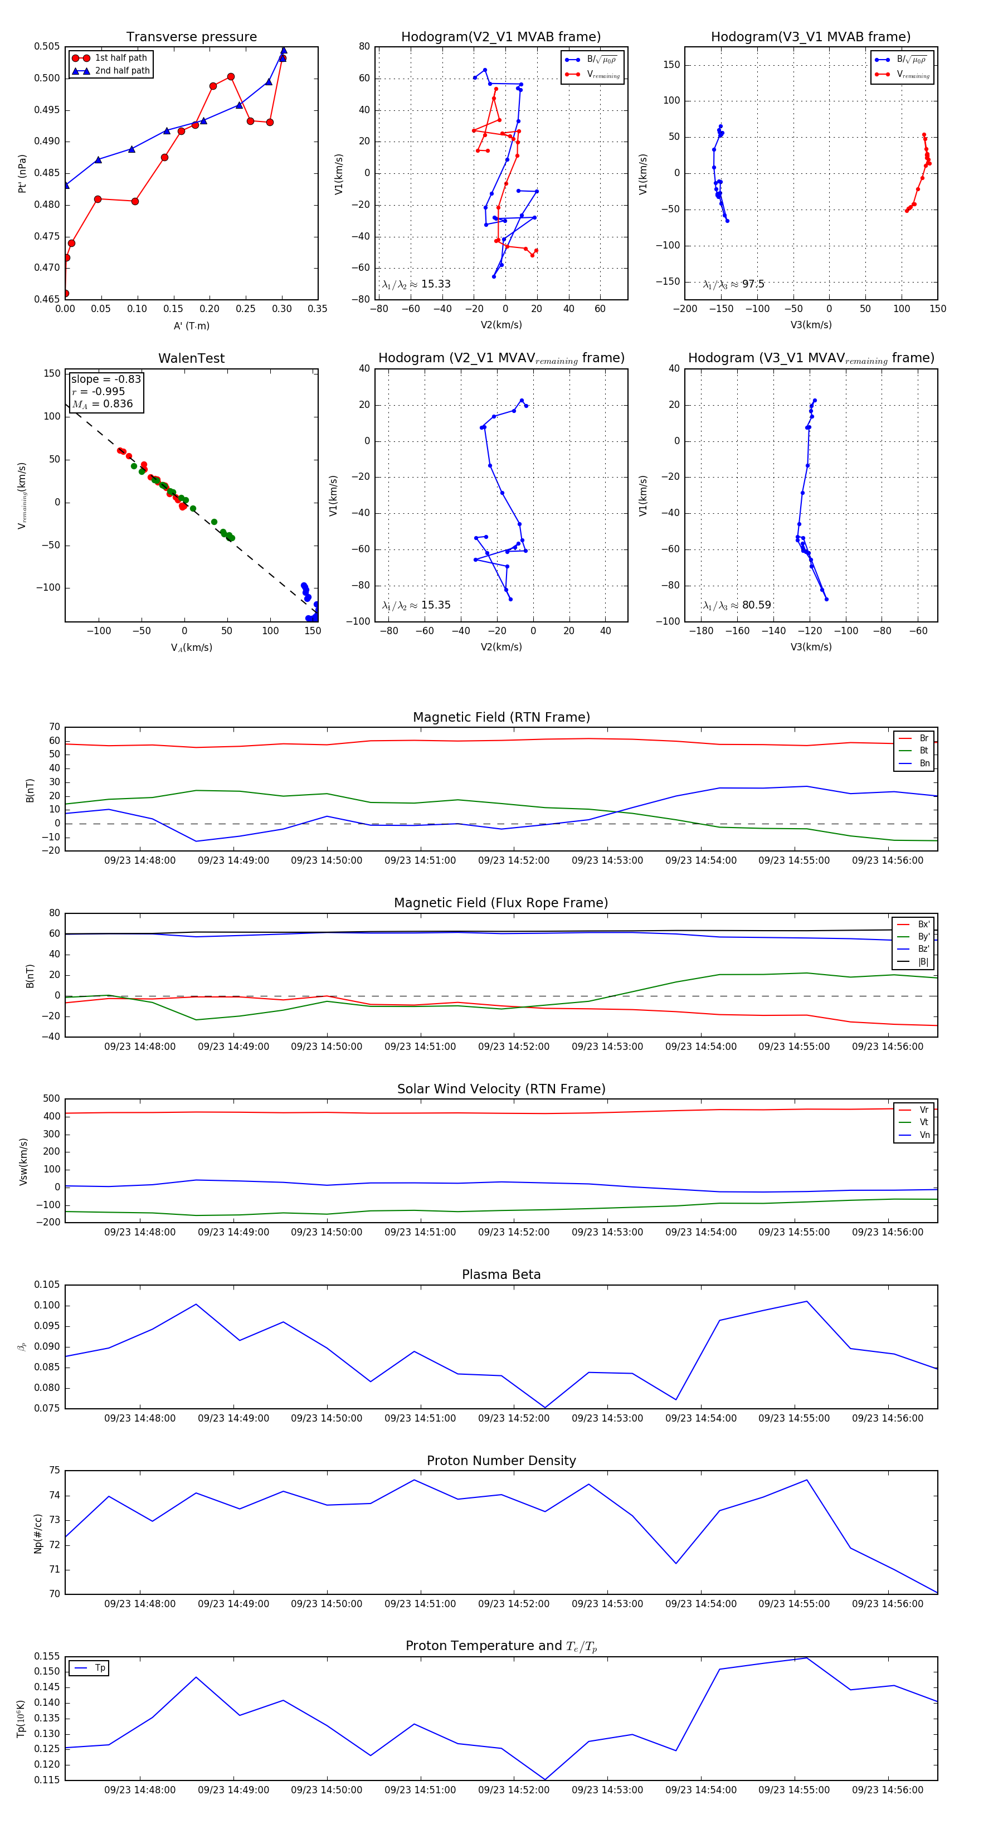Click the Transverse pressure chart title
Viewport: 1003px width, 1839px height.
191,37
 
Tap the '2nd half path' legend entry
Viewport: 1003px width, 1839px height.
122,71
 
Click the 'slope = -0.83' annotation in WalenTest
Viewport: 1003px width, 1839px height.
106,379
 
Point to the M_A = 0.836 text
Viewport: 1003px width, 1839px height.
103,404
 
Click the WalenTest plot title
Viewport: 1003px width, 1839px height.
191,358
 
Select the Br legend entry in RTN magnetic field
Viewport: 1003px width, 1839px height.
923,738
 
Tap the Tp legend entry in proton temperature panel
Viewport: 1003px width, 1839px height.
100,1668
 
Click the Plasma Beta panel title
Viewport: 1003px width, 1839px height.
501,1274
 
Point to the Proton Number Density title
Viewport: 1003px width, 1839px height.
501,1461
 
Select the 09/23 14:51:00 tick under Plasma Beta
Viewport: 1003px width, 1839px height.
420,1418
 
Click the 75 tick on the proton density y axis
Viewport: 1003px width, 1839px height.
55,1471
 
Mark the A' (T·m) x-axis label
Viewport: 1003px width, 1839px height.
191,325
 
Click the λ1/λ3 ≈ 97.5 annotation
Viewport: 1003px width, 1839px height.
733,284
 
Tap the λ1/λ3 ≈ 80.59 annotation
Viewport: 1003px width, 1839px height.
737,605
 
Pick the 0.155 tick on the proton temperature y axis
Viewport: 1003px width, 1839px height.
47,1656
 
